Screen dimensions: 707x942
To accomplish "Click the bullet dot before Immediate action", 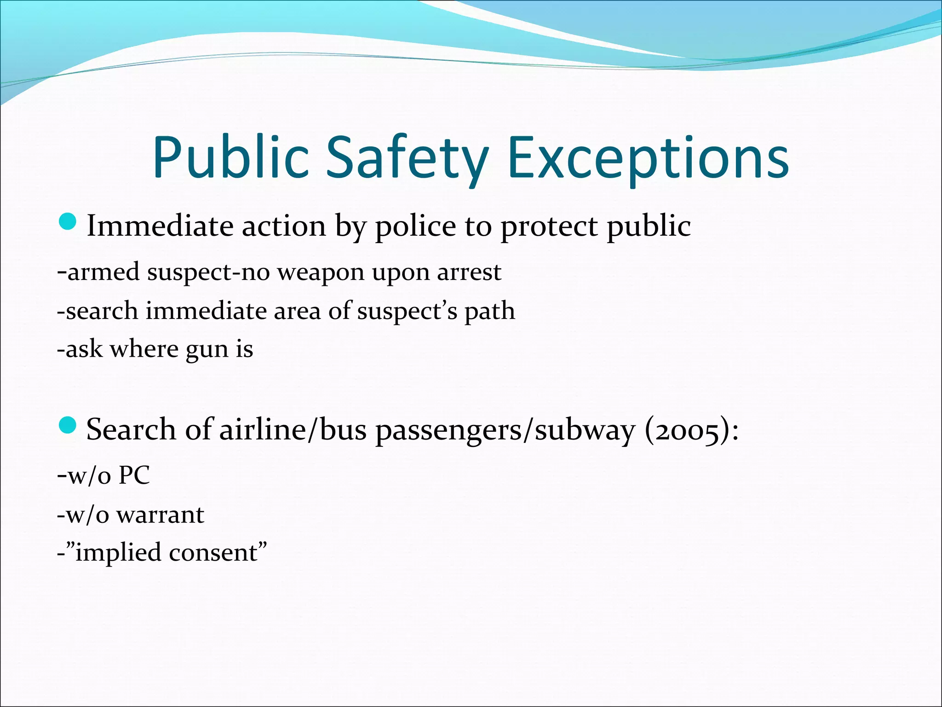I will pos(68,222).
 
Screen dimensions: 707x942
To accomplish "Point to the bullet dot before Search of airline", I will pos(68,425).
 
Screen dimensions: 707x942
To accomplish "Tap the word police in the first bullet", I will pos(416,227).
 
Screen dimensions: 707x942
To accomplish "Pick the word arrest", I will pos(469,272).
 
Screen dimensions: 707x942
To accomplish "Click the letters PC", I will pos(134,475).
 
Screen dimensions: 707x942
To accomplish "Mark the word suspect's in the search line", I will pos(407,312).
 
